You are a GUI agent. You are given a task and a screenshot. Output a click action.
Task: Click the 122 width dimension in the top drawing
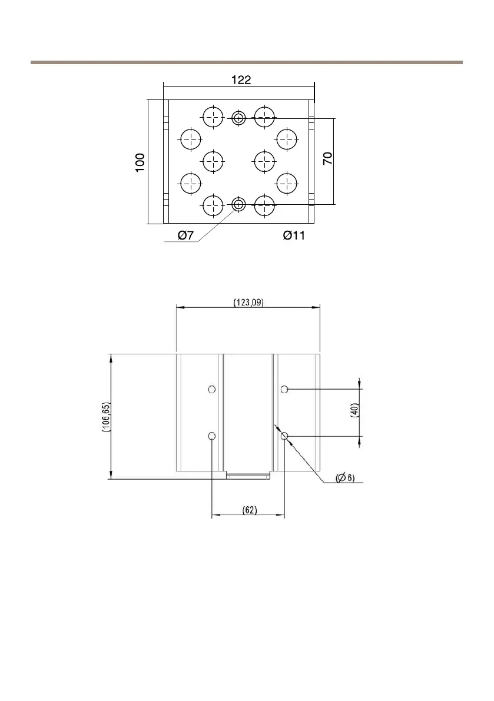pyautogui.click(x=241, y=80)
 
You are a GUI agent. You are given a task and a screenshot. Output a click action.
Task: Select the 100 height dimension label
pyautogui.click(x=140, y=162)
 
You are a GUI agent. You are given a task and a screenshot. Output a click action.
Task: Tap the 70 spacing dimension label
pyautogui.click(x=328, y=158)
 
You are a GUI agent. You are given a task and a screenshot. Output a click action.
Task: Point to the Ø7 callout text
pyautogui.click(x=186, y=235)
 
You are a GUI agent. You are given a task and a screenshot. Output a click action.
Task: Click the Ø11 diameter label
pyautogui.click(x=294, y=235)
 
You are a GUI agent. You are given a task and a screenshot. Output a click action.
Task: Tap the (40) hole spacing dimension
pyautogui.click(x=354, y=410)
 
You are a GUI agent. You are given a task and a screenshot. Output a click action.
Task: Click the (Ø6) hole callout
pyautogui.click(x=345, y=478)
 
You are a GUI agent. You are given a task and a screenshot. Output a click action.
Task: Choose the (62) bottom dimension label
pyautogui.click(x=250, y=510)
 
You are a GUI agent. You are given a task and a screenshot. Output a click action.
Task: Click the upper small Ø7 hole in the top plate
pyautogui.click(x=239, y=118)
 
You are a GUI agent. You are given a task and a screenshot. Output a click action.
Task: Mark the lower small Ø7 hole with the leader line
pyautogui.click(x=239, y=205)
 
